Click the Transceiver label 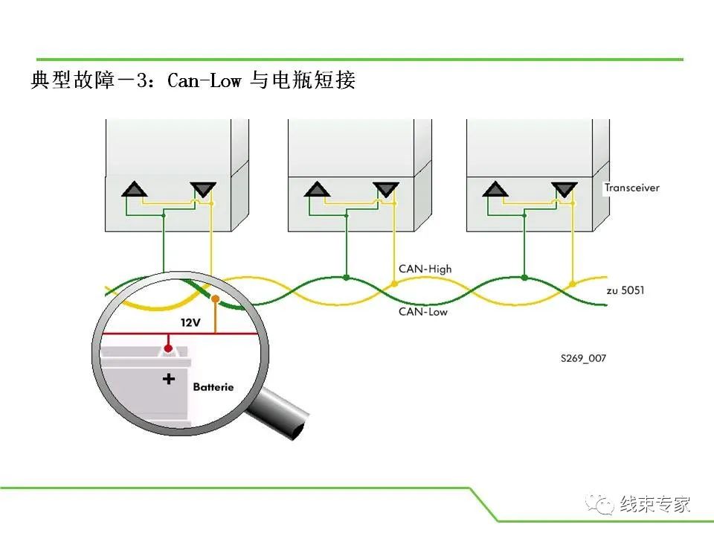[x=631, y=188]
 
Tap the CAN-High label [x=425, y=269]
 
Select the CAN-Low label [x=423, y=312]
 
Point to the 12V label [x=190, y=322]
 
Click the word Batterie [x=213, y=387]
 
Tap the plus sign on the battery [x=169, y=379]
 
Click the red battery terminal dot [x=168, y=348]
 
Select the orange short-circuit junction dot [x=216, y=299]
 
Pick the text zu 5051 [x=625, y=290]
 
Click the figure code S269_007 [x=583, y=358]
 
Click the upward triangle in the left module [x=135, y=189]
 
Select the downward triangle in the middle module [x=386, y=189]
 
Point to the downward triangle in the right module [x=565, y=189]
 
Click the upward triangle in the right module [x=495, y=189]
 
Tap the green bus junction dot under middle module [x=347, y=277]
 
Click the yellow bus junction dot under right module [x=573, y=284]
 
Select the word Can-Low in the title [x=204, y=80]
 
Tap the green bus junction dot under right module [x=524, y=277]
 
